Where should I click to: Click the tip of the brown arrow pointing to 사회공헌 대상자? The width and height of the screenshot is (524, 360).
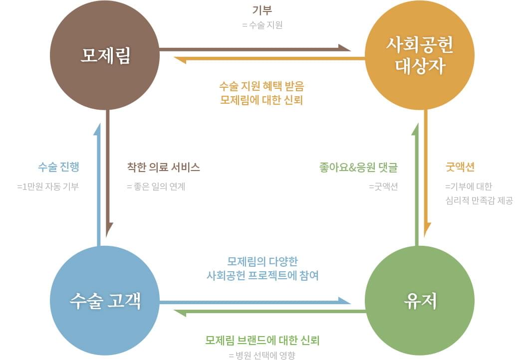coord(351,50)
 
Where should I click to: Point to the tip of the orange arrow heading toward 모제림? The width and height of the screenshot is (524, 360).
coord(174,58)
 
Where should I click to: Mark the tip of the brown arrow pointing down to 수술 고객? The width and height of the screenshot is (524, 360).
coord(107,237)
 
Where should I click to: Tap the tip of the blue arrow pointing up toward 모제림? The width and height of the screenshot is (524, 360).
coord(98,123)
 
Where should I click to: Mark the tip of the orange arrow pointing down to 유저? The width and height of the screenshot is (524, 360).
coord(425,237)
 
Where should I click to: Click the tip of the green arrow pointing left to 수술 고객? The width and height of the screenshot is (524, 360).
coord(174,311)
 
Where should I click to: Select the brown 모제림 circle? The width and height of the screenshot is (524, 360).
coord(105,55)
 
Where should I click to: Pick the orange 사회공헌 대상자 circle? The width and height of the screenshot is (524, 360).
coord(419,55)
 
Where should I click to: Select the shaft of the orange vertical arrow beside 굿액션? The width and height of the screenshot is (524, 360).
coord(426,174)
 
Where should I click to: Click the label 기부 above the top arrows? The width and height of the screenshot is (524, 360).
coord(262,10)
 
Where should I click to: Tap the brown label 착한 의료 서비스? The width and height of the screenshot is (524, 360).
coord(163,167)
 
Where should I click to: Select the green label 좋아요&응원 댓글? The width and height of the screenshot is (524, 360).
coord(359,167)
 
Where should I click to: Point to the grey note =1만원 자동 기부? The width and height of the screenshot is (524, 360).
coord(48,186)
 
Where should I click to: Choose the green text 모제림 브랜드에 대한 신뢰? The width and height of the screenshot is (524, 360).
coord(262,340)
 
